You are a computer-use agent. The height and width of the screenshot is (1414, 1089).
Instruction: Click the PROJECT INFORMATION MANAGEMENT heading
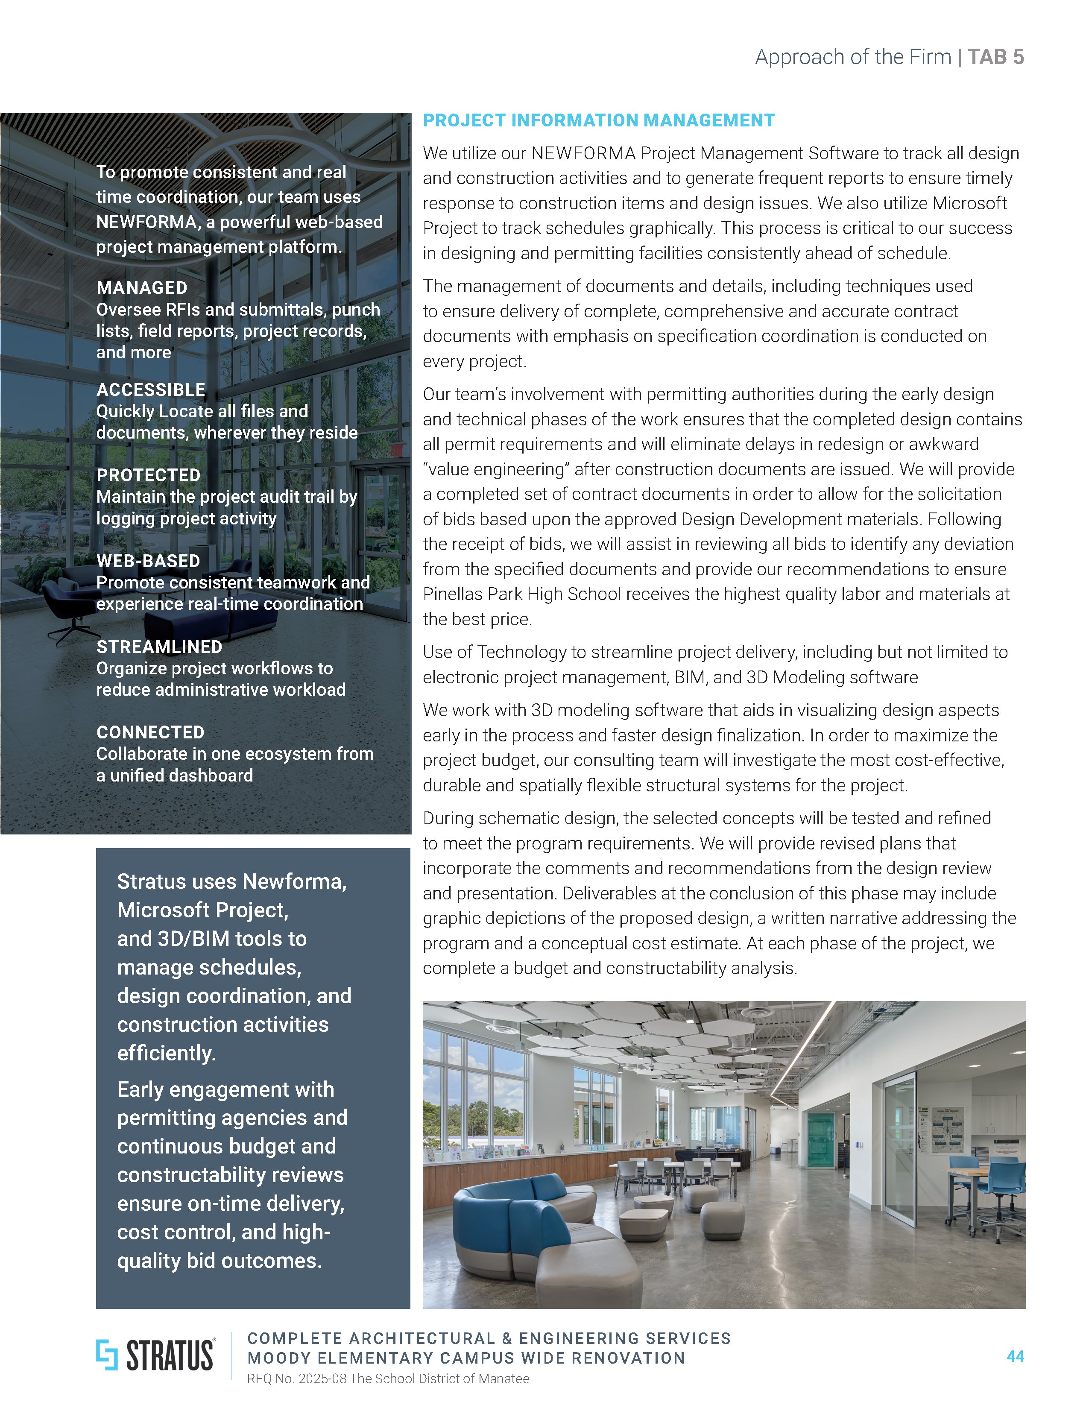(598, 120)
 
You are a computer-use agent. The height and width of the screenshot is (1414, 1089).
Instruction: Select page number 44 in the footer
(1015, 1356)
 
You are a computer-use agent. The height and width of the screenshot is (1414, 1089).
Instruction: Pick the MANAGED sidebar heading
(142, 287)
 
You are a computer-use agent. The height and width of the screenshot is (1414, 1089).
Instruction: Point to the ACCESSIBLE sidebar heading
(150, 390)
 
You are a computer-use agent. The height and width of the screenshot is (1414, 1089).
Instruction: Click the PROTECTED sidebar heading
(148, 475)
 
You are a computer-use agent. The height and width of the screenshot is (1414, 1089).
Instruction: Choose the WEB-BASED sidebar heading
(148, 561)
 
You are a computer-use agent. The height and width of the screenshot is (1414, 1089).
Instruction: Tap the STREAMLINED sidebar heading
(159, 647)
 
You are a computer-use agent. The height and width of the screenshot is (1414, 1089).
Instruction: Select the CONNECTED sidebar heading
(150, 732)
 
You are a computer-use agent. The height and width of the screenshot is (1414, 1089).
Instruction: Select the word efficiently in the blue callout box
(167, 1054)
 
